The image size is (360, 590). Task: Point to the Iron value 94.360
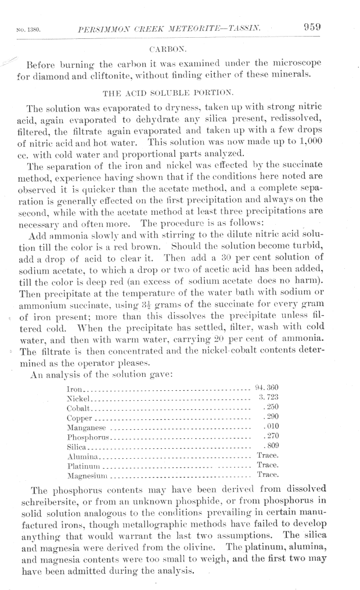tap(268, 387)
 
